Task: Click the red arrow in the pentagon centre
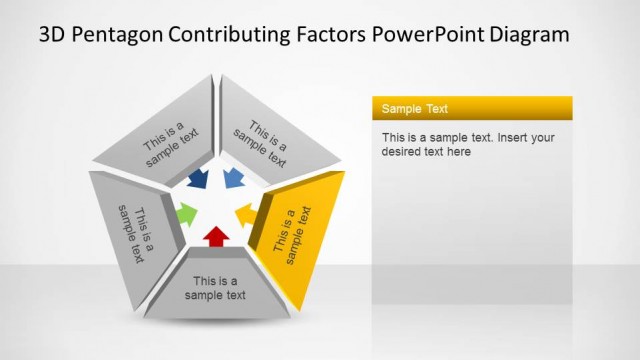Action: (x=216, y=236)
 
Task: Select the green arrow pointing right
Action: (x=187, y=213)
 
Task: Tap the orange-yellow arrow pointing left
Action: (x=245, y=214)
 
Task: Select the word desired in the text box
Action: (x=403, y=152)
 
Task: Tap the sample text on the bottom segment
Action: (x=215, y=288)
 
